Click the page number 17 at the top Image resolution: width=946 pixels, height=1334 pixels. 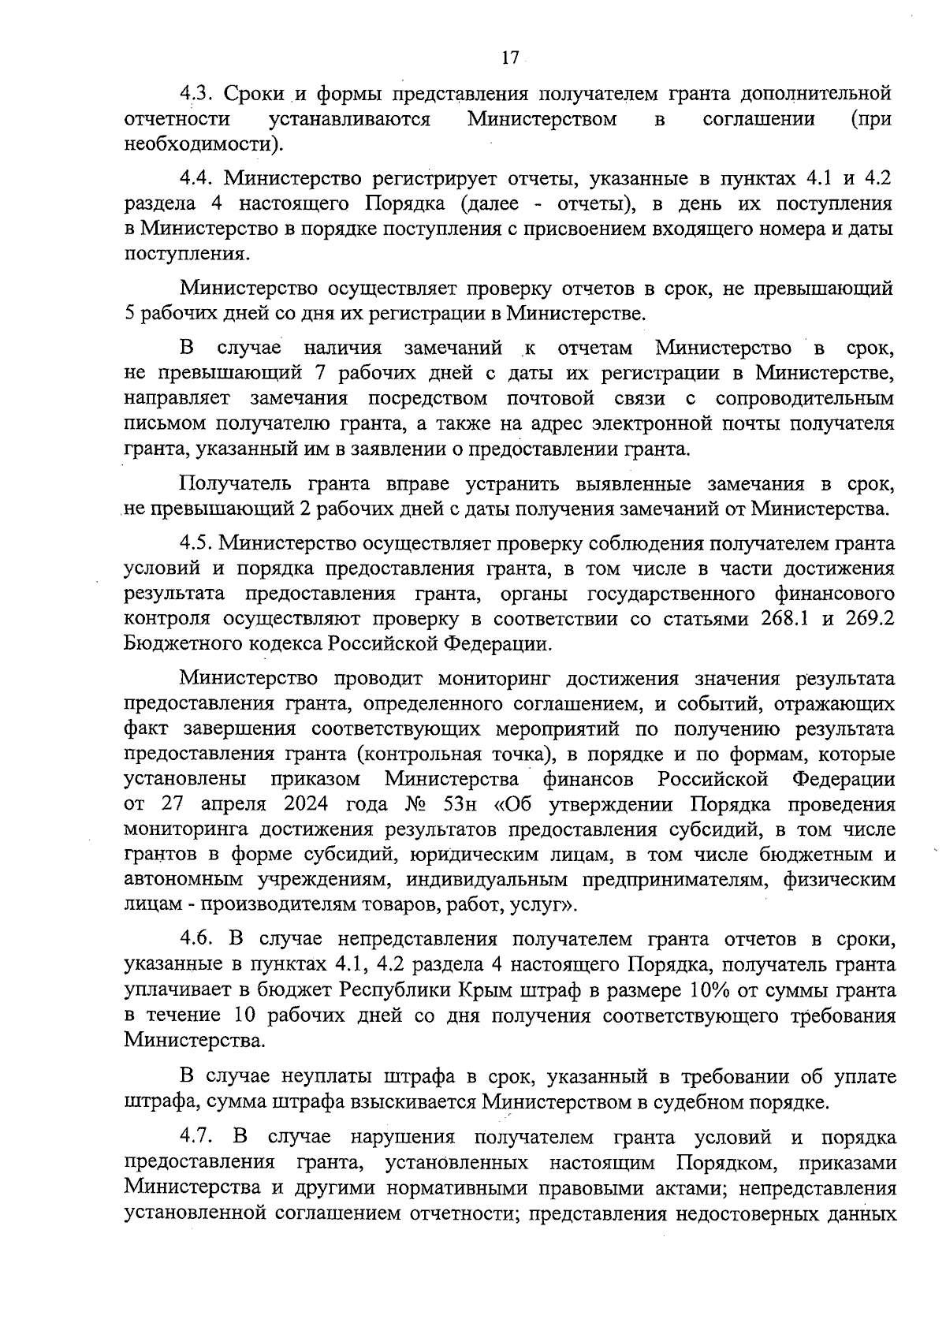509,58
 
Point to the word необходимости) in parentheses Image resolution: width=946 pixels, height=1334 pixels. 203,145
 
